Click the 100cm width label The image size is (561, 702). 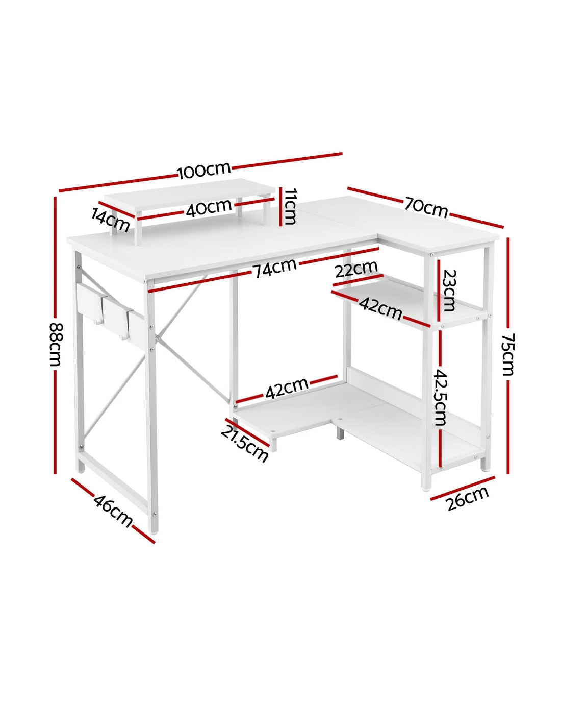coord(205,170)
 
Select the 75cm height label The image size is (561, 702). coord(508,354)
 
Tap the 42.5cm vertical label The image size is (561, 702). coord(440,397)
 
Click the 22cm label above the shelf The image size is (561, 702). coord(356,269)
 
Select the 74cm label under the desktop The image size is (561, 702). coord(275,268)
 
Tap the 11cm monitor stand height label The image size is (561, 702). coord(289,206)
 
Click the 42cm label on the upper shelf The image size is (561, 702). coord(380,308)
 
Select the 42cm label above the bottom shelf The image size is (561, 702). coord(287,388)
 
